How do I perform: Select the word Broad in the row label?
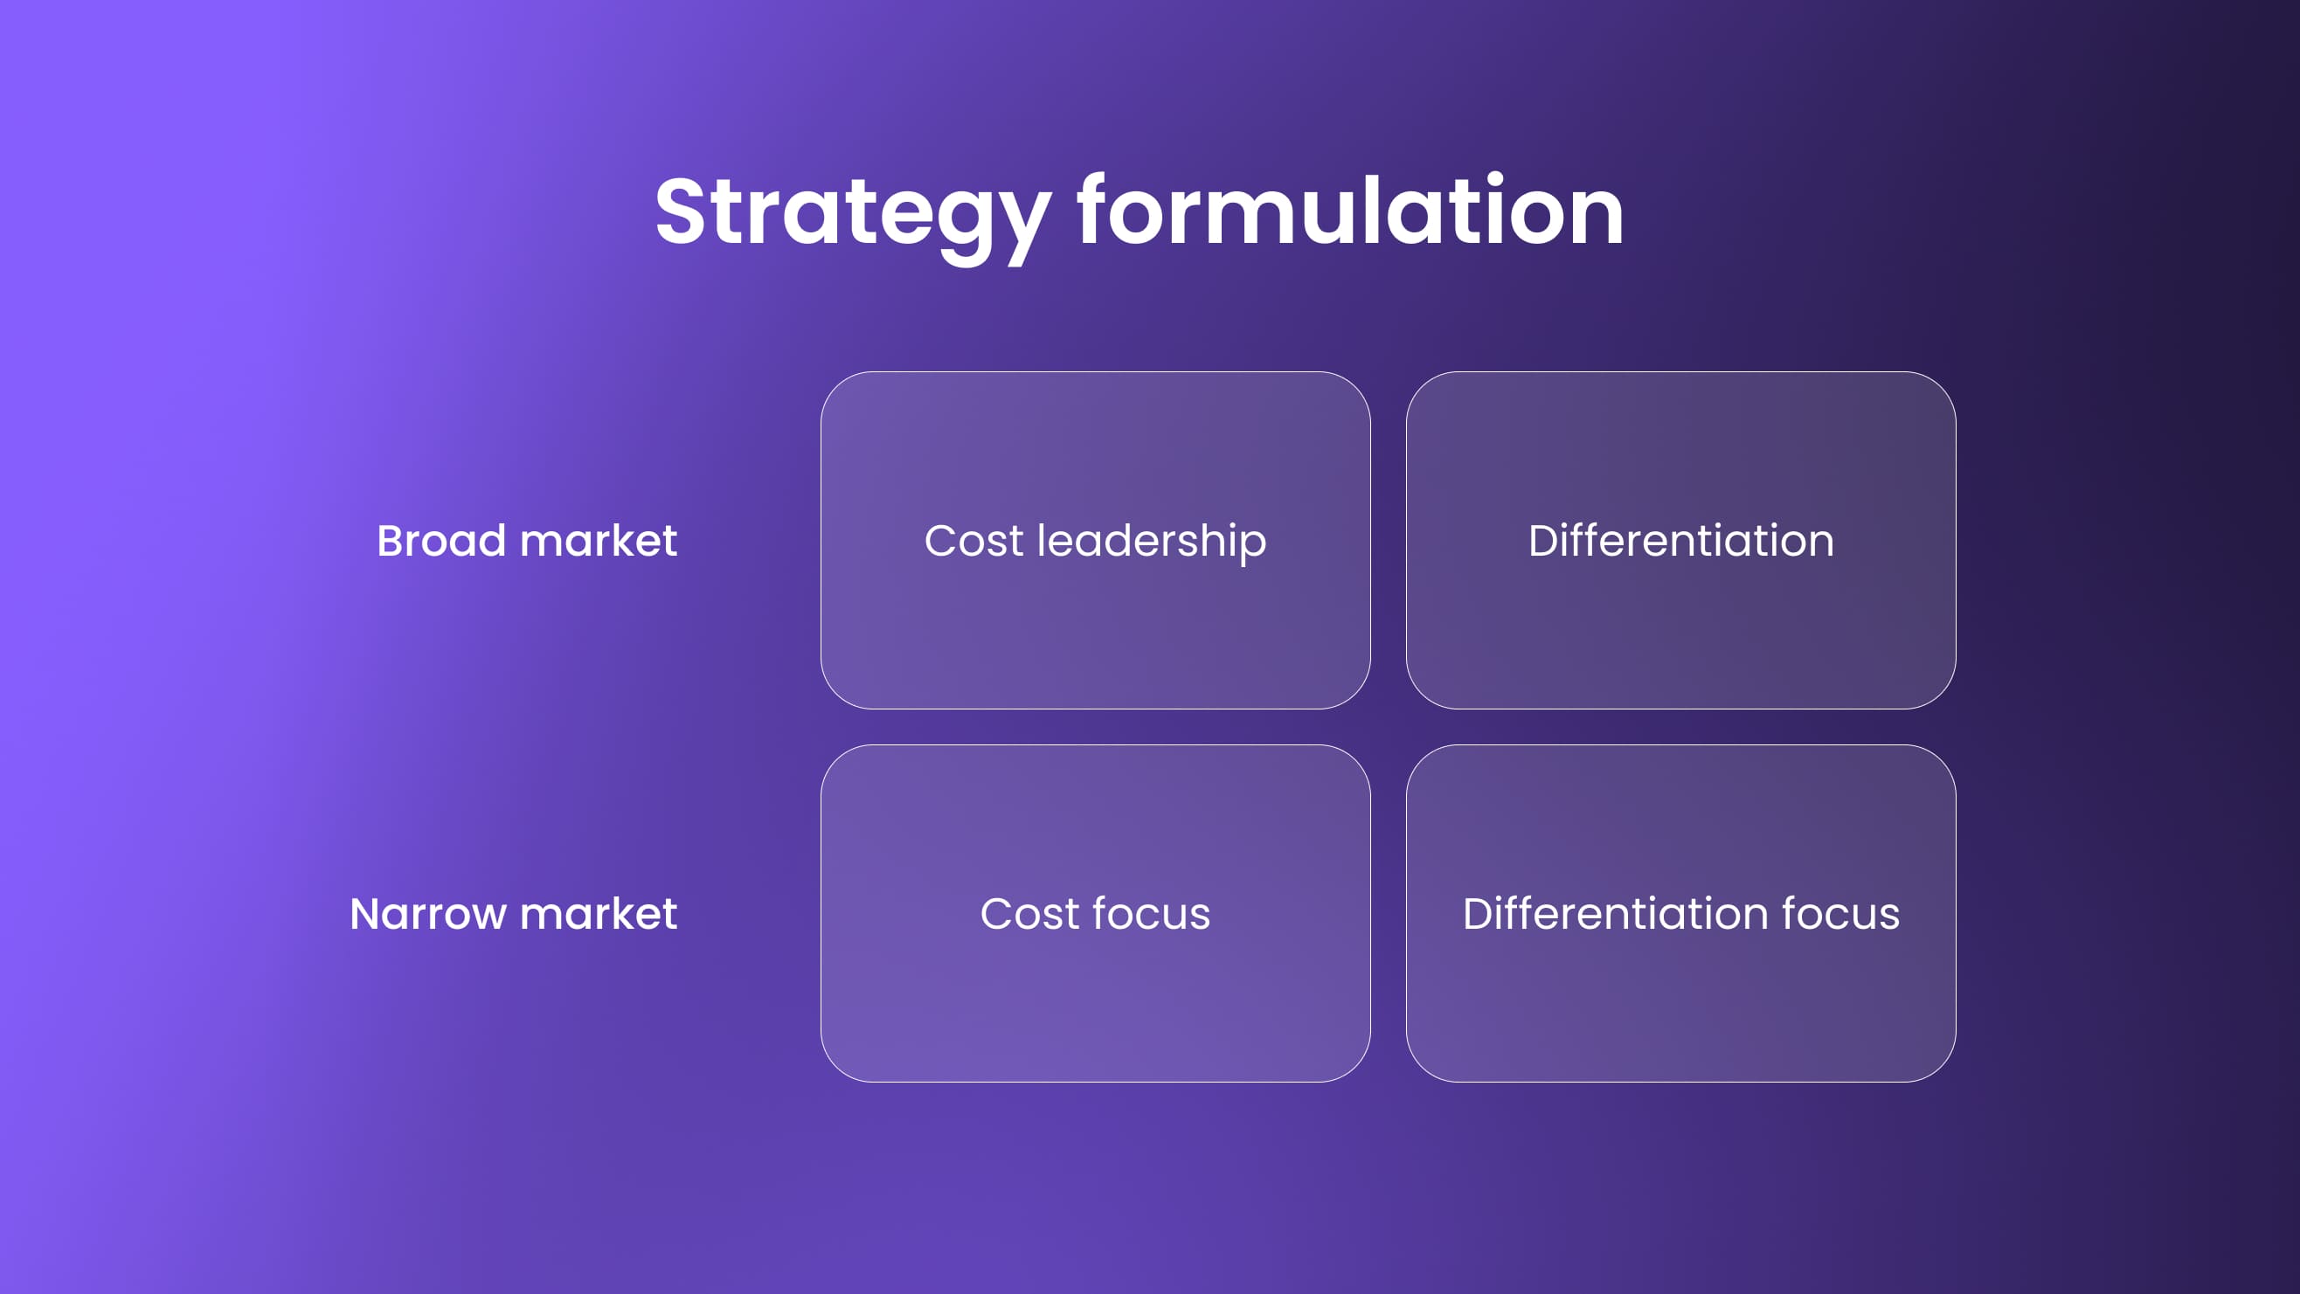441,540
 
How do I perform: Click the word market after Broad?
599,540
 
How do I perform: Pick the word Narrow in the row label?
427,914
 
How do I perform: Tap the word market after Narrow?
599,914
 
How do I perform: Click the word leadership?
1152,541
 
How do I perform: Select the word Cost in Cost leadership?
973,540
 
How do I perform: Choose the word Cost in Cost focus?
1029,914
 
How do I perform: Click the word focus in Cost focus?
1152,914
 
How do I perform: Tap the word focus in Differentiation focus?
1841,914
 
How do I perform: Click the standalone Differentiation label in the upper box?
1680,540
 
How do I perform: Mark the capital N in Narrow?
364,914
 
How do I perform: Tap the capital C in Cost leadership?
940,540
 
